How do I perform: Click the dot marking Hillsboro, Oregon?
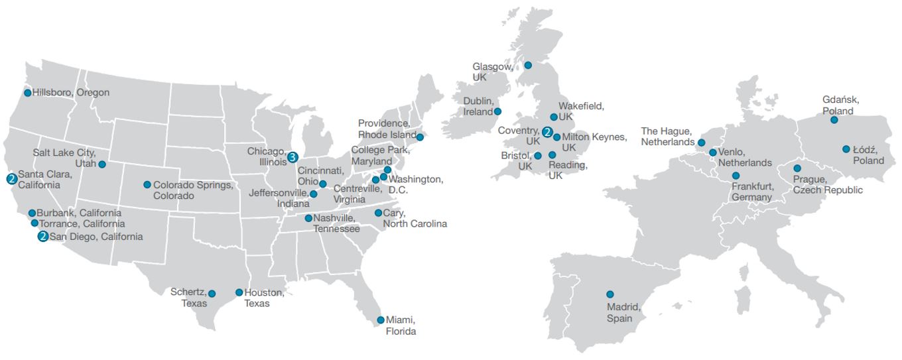point(28,93)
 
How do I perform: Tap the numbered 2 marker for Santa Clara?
point(11,179)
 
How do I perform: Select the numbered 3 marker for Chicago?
point(292,157)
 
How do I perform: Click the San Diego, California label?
point(96,237)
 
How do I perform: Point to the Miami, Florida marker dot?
point(381,320)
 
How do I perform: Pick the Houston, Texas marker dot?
point(239,292)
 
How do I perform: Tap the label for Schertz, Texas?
point(188,298)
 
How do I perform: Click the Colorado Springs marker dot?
point(147,185)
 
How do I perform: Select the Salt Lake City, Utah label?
point(64,158)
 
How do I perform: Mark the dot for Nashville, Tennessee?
point(308,218)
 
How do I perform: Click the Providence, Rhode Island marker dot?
point(420,138)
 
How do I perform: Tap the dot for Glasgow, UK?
point(528,65)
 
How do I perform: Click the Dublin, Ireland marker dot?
point(497,111)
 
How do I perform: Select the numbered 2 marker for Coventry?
point(547,132)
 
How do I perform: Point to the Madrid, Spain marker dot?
point(610,294)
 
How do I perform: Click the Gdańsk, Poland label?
point(841,105)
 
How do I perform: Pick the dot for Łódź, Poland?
point(846,149)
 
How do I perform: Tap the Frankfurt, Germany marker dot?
point(736,176)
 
